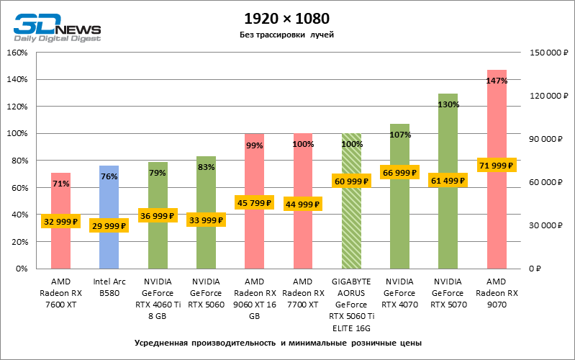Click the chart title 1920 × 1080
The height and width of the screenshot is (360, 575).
[287, 18]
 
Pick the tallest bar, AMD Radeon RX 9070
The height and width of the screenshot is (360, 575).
[497, 216]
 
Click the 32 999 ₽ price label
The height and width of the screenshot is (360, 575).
[60, 222]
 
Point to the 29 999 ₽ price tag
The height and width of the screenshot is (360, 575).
[109, 225]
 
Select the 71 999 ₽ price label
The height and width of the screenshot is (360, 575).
[497, 166]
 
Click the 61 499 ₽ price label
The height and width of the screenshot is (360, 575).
[448, 180]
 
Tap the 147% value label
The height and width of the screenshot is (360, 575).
[497, 81]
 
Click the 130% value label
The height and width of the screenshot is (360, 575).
[448, 104]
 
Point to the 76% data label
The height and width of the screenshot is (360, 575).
[109, 176]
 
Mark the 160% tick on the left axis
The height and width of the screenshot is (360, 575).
[17, 53]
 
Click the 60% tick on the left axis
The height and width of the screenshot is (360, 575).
[18, 188]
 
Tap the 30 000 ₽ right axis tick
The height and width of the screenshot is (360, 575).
[545, 225]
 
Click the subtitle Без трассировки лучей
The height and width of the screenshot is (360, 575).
[287, 35]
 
